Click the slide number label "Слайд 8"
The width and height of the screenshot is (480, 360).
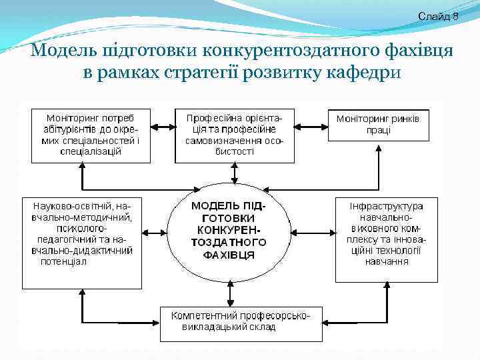[438, 15]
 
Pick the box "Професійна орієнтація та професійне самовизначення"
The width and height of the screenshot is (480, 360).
[234, 135]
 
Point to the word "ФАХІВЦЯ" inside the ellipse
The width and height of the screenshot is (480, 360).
[229, 255]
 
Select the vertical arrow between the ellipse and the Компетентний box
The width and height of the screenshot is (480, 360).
[231, 293]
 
